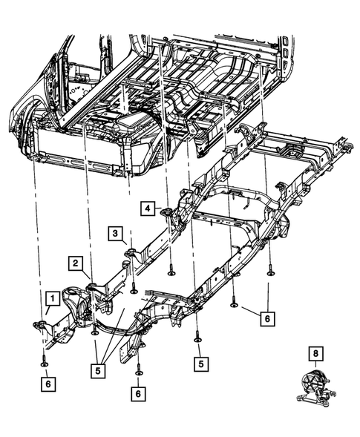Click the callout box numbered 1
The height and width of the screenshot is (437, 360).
(52, 298)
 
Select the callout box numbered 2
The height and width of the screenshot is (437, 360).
(76, 262)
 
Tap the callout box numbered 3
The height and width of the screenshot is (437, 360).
(117, 234)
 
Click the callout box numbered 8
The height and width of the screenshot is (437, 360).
(317, 354)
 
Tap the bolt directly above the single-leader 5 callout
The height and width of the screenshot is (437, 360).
(198, 338)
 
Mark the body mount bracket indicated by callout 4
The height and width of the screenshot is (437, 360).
(170, 215)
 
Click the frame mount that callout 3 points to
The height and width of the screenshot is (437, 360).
(131, 255)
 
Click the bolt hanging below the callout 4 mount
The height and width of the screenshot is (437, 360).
(171, 272)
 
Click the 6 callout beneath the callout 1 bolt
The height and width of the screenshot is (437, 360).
(47, 384)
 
